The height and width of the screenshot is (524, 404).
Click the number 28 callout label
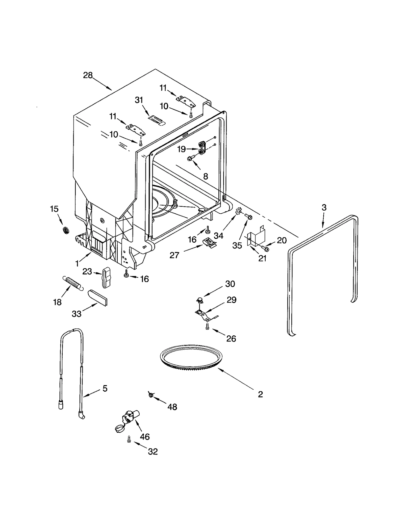pos(88,75)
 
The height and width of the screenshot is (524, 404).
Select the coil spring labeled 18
pos(73,283)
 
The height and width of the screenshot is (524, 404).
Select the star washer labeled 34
pos(238,211)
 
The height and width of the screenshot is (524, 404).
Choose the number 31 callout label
pos(139,100)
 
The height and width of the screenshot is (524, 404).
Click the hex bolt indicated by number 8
pos(191,158)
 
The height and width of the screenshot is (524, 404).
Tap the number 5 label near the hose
pos(105,388)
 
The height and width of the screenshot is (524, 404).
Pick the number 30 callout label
pos(230,284)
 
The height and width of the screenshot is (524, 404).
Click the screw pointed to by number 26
pos(208,326)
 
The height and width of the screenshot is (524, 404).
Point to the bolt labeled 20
pos(265,249)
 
